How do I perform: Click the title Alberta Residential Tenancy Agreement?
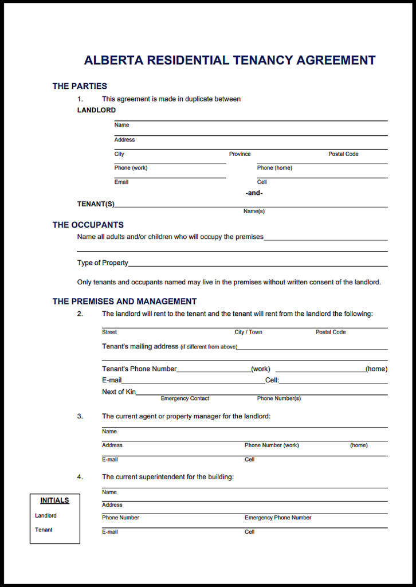tap(230, 60)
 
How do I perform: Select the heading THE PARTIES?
tap(80, 86)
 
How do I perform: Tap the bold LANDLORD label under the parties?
tap(96, 110)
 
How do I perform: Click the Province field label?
tap(240, 154)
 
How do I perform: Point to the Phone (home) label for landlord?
tap(274, 168)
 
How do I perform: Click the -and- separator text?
tap(254, 193)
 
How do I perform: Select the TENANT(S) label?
tap(96, 204)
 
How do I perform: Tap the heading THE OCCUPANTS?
tap(88, 225)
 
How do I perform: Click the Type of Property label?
tap(103, 263)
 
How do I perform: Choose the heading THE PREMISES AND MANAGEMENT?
tap(124, 301)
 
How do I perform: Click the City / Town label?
tap(248, 332)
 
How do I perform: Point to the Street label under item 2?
tap(109, 332)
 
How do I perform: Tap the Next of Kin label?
tap(119, 392)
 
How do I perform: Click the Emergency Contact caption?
tap(185, 398)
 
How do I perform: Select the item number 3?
tap(80, 416)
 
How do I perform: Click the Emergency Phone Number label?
tap(278, 518)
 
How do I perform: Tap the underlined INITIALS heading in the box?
tap(54, 500)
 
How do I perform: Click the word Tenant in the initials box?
tap(44, 530)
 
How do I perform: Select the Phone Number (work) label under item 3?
tap(272, 445)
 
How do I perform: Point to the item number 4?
tap(80, 477)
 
